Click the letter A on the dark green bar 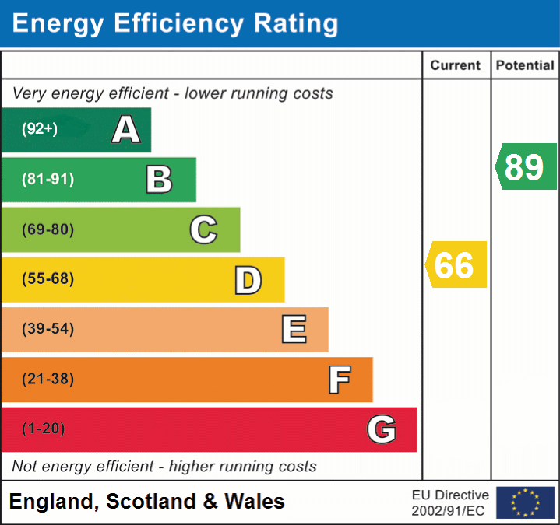coord(126,130)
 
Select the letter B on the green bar coord(159,180)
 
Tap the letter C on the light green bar coord(203,229)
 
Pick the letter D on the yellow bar coord(248,280)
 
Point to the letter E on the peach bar coord(294,330)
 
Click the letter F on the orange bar coord(339,380)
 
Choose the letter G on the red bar coord(382,429)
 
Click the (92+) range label coord(40,129)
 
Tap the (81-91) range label coord(48,180)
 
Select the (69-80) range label coord(48,229)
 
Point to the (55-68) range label coord(48,279)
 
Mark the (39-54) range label coord(48,329)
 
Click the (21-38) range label coord(48,380)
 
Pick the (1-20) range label coord(44,429)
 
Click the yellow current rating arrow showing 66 coord(456,264)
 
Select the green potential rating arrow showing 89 coord(527,166)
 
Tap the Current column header coord(456,66)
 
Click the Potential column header coord(525,66)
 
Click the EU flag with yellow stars coord(525,502)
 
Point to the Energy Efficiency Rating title coord(175,24)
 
